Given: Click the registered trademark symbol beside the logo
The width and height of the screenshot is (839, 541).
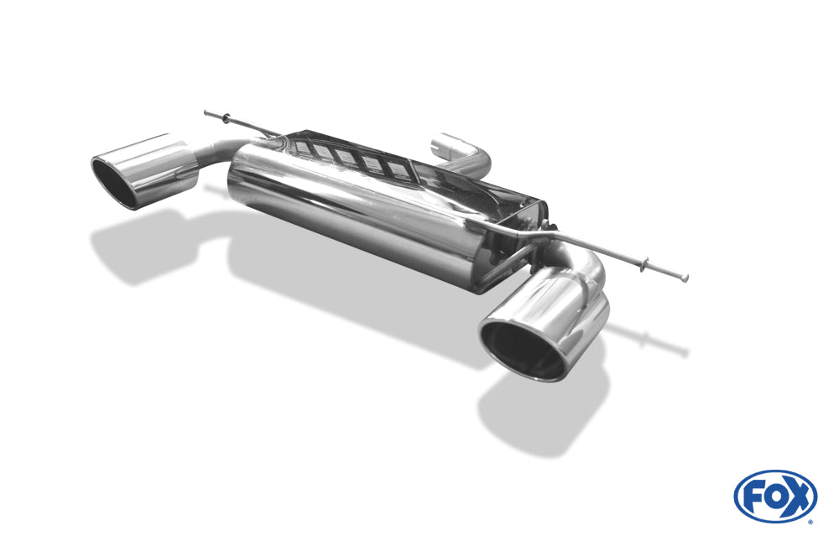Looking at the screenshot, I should (x=810, y=522).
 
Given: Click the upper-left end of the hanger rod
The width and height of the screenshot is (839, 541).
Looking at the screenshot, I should (x=206, y=112).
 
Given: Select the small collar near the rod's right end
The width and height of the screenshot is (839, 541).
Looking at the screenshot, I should (x=644, y=266).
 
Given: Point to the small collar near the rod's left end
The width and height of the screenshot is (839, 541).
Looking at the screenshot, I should (x=231, y=118).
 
